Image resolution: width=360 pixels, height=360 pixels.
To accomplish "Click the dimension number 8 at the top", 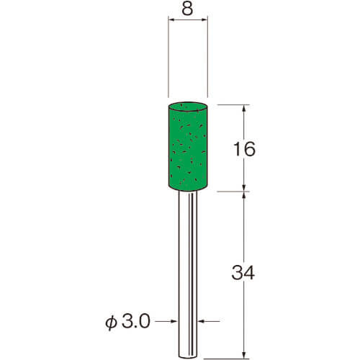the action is point(187,9).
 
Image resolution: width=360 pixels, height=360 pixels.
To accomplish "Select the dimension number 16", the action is point(244,149).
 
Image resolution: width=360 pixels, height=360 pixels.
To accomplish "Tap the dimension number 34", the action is point(243,273).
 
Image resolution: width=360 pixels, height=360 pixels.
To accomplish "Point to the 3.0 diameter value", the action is point(136,321).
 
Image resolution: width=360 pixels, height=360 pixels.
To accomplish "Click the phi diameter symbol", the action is point(111,323).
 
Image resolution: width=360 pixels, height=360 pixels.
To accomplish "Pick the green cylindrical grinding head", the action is point(188,146).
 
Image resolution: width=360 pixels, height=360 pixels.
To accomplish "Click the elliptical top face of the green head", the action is point(188,107).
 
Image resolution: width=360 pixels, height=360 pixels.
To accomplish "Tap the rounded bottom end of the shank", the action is point(188,356).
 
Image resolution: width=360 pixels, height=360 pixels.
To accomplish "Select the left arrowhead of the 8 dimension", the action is point(171,19).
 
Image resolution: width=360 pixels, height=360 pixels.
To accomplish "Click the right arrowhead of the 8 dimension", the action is point(204,19).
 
